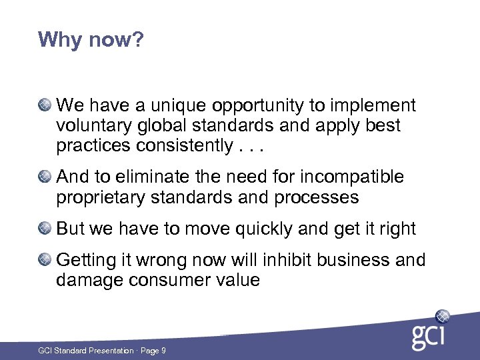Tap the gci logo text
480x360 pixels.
(427, 336)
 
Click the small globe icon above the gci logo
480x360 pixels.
(442, 316)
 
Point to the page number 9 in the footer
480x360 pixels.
(163, 351)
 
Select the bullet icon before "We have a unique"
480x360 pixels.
(45, 105)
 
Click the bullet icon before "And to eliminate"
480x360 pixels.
(45, 177)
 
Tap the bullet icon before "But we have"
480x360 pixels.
(45, 229)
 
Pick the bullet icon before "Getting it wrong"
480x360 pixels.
(45, 259)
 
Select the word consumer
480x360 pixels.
(175, 280)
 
